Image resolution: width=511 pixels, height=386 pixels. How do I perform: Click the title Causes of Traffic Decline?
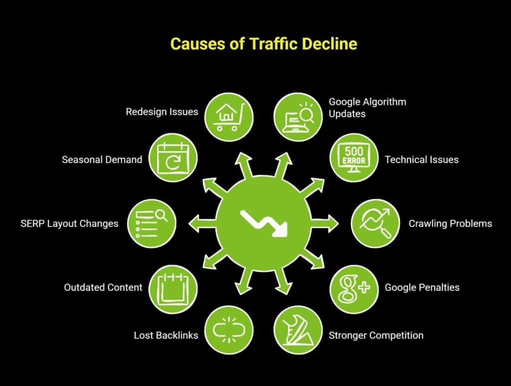(x=263, y=44)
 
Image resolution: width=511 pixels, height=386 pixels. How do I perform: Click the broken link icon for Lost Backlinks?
(x=229, y=330)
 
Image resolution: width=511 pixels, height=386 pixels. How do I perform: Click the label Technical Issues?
(x=421, y=160)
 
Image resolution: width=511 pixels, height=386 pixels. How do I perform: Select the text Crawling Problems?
(x=450, y=223)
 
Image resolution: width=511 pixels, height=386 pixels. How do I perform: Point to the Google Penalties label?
(x=422, y=287)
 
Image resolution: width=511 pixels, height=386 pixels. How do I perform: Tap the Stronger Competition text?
(x=376, y=335)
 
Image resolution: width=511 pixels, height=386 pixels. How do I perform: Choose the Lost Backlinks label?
(x=166, y=335)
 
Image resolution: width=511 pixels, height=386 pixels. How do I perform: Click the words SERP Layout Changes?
(x=69, y=223)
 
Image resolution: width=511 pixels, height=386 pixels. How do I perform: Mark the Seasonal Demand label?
(x=102, y=160)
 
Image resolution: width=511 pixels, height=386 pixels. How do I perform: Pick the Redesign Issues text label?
(x=162, y=112)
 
